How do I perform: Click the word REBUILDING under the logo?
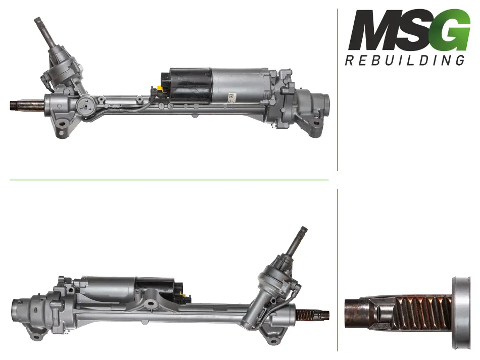click(x=405, y=60)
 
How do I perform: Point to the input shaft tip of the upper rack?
click(x=38, y=21)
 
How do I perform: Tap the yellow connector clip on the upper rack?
click(x=160, y=89)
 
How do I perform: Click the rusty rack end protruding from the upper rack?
click(x=27, y=106)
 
